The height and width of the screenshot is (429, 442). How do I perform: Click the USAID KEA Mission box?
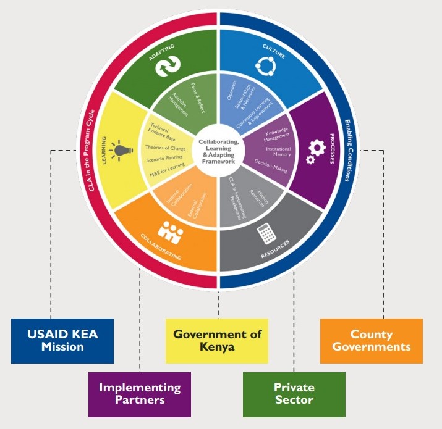coord(62,340)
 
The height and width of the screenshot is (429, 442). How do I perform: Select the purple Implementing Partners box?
coord(140,394)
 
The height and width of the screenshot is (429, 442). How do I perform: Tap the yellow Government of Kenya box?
coord(217,340)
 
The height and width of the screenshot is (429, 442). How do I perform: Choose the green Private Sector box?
coord(294,394)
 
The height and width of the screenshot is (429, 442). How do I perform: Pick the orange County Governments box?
coord(371,340)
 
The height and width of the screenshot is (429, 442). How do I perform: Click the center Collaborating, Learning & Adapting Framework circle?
coord(218,151)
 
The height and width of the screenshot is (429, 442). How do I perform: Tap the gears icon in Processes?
coord(316,150)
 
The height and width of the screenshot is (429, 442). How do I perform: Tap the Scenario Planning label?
coord(165,159)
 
